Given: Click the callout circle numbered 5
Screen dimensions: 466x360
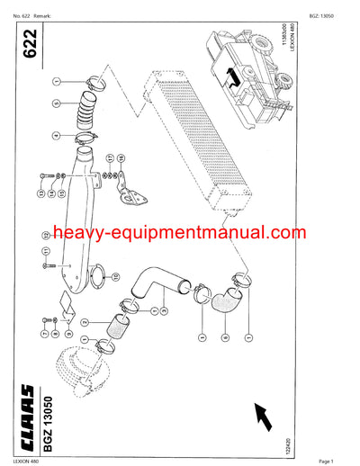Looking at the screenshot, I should (56, 104).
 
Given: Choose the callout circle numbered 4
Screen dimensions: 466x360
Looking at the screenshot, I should (56, 137).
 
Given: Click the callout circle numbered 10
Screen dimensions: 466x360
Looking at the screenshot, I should (57, 271).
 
